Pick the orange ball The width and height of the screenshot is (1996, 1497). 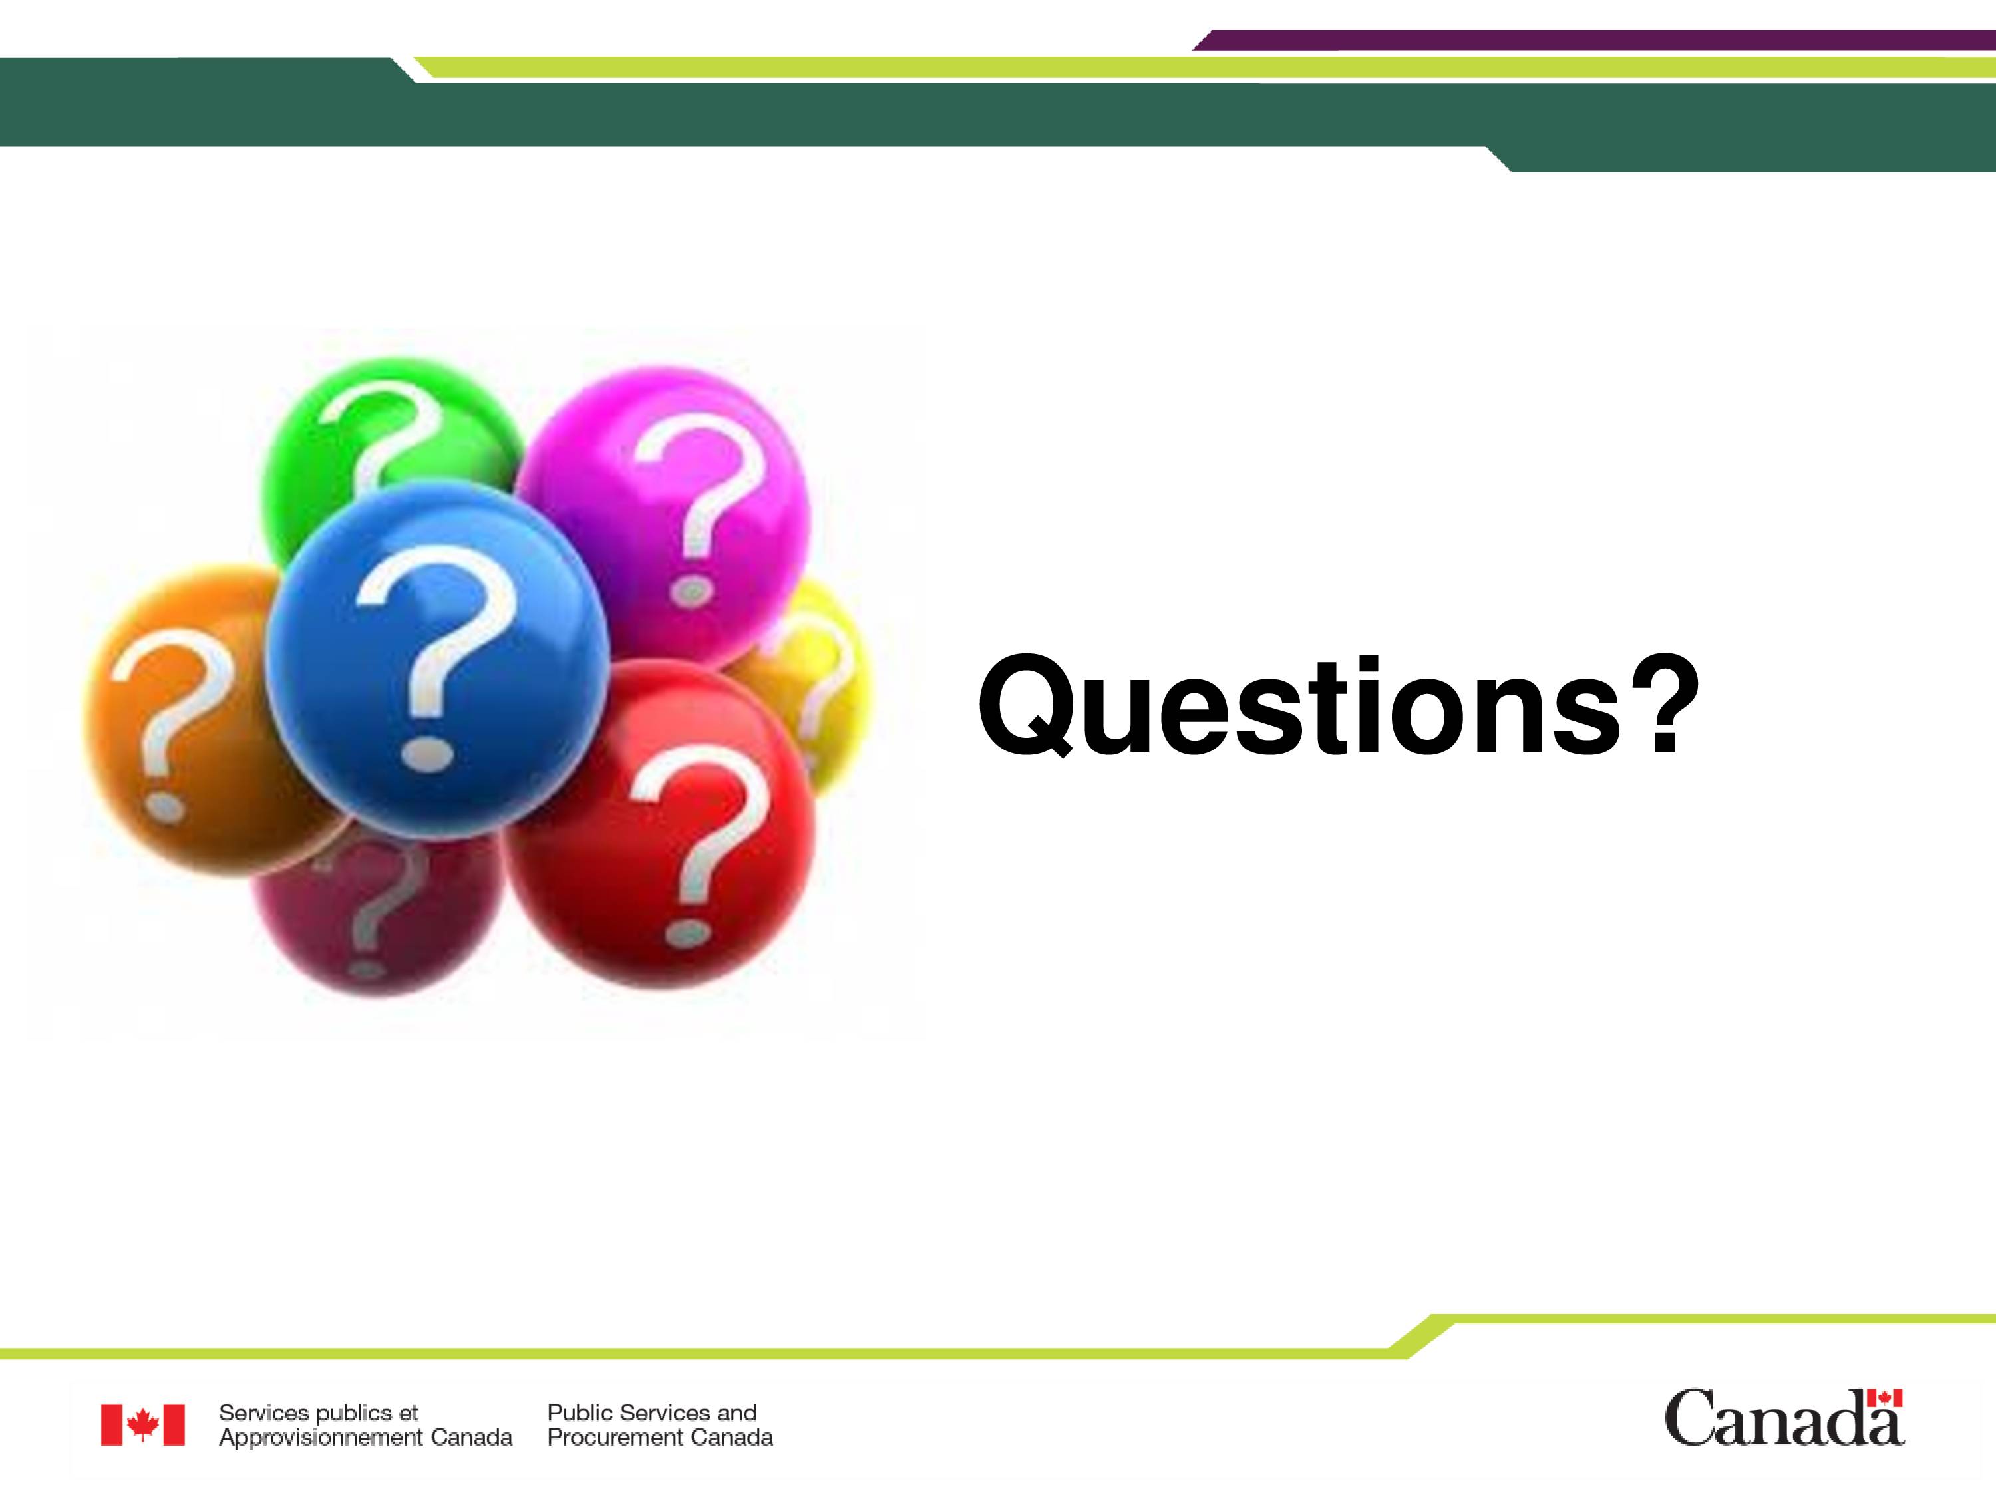(x=180, y=722)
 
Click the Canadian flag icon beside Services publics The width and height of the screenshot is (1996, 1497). (x=142, y=1425)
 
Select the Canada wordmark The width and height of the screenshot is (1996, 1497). (x=1785, y=1418)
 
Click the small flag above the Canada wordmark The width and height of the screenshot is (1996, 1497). (x=1884, y=1398)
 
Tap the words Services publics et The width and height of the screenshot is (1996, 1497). (x=319, y=1413)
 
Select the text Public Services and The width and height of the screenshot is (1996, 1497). (x=651, y=1413)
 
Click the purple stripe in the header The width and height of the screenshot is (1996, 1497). (x=1593, y=40)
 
